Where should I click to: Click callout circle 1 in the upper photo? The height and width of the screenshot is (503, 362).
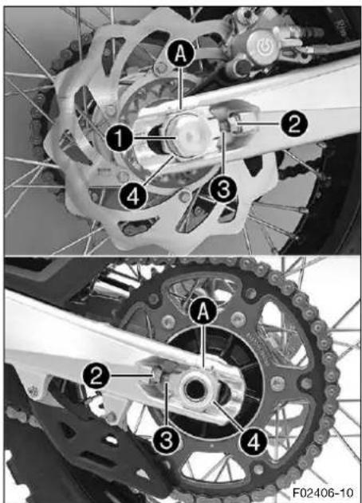(x=120, y=139)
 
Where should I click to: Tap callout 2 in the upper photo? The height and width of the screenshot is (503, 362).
(x=294, y=124)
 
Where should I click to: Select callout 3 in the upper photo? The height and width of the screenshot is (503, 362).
(x=224, y=189)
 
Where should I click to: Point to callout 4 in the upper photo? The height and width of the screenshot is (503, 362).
(x=133, y=197)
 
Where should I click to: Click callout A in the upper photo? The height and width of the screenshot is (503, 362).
(x=181, y=55)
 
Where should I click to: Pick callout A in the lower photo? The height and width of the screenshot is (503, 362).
(x=203, y=312)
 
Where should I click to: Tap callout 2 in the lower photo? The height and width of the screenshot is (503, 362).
(x=96, y=375)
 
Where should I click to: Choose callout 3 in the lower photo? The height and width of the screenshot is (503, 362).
(x=166, y=439)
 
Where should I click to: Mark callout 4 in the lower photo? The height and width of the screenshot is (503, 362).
(x=254, y=442)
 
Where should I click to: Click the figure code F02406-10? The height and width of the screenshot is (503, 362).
(x=322, y=492)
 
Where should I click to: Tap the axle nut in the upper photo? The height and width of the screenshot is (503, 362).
(x=187, y=136)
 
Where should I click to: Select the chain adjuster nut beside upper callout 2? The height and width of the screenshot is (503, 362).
(x=233, y=123)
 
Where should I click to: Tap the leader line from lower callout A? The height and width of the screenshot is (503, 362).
(x=203, y=345)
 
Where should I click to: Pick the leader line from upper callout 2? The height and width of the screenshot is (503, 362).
(x=260, y=124)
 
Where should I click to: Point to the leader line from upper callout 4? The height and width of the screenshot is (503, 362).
(x=159, y=170)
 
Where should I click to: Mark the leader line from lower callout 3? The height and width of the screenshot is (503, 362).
(x=166, y=404)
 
